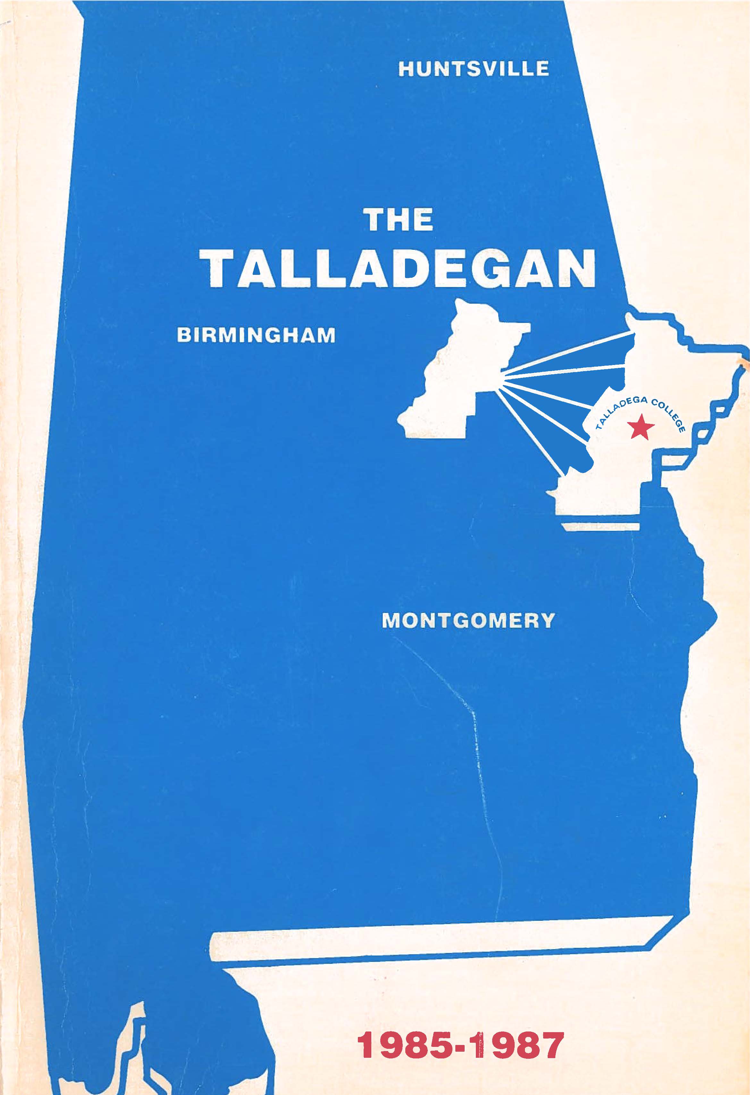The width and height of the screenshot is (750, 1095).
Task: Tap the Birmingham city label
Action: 256,335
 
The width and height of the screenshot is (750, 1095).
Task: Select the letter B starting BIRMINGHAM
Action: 183,335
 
